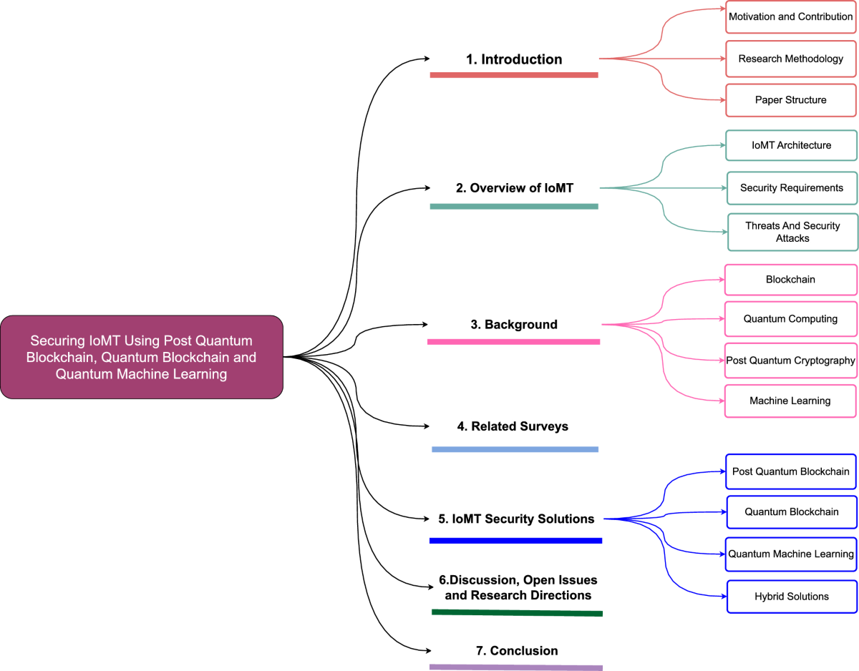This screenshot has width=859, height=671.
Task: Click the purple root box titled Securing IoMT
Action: tap(142, 357)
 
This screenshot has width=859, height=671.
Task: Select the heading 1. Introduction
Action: tap(514, 59)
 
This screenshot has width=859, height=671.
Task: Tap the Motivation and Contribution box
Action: tap(790, 16)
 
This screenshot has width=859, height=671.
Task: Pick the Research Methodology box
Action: tap(790, 59)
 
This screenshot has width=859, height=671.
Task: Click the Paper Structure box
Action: tap(790, 100)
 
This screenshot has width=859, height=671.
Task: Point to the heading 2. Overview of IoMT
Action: tap(514, 189)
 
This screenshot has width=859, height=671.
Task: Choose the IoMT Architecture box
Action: tap(791, 145)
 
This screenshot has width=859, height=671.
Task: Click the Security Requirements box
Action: tap(792, 188)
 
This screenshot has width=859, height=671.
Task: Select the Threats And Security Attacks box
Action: tap(792, 232)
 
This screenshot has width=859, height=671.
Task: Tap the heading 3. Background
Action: tap(514, 325)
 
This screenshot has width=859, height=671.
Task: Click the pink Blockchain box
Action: tap(790, 280)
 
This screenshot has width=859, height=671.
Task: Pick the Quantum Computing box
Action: tap(790, 319)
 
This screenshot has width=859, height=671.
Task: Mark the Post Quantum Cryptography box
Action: tap(790, 361)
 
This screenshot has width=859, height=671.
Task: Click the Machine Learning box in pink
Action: tap(790, 401)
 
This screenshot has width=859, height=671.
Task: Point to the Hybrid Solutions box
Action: tap(792, 597)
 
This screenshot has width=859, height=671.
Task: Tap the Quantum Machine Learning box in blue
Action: tap(791, 554)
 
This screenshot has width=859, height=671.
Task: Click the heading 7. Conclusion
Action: tap(517, 651)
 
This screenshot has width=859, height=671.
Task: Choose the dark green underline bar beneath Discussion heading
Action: tap(517, 612)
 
